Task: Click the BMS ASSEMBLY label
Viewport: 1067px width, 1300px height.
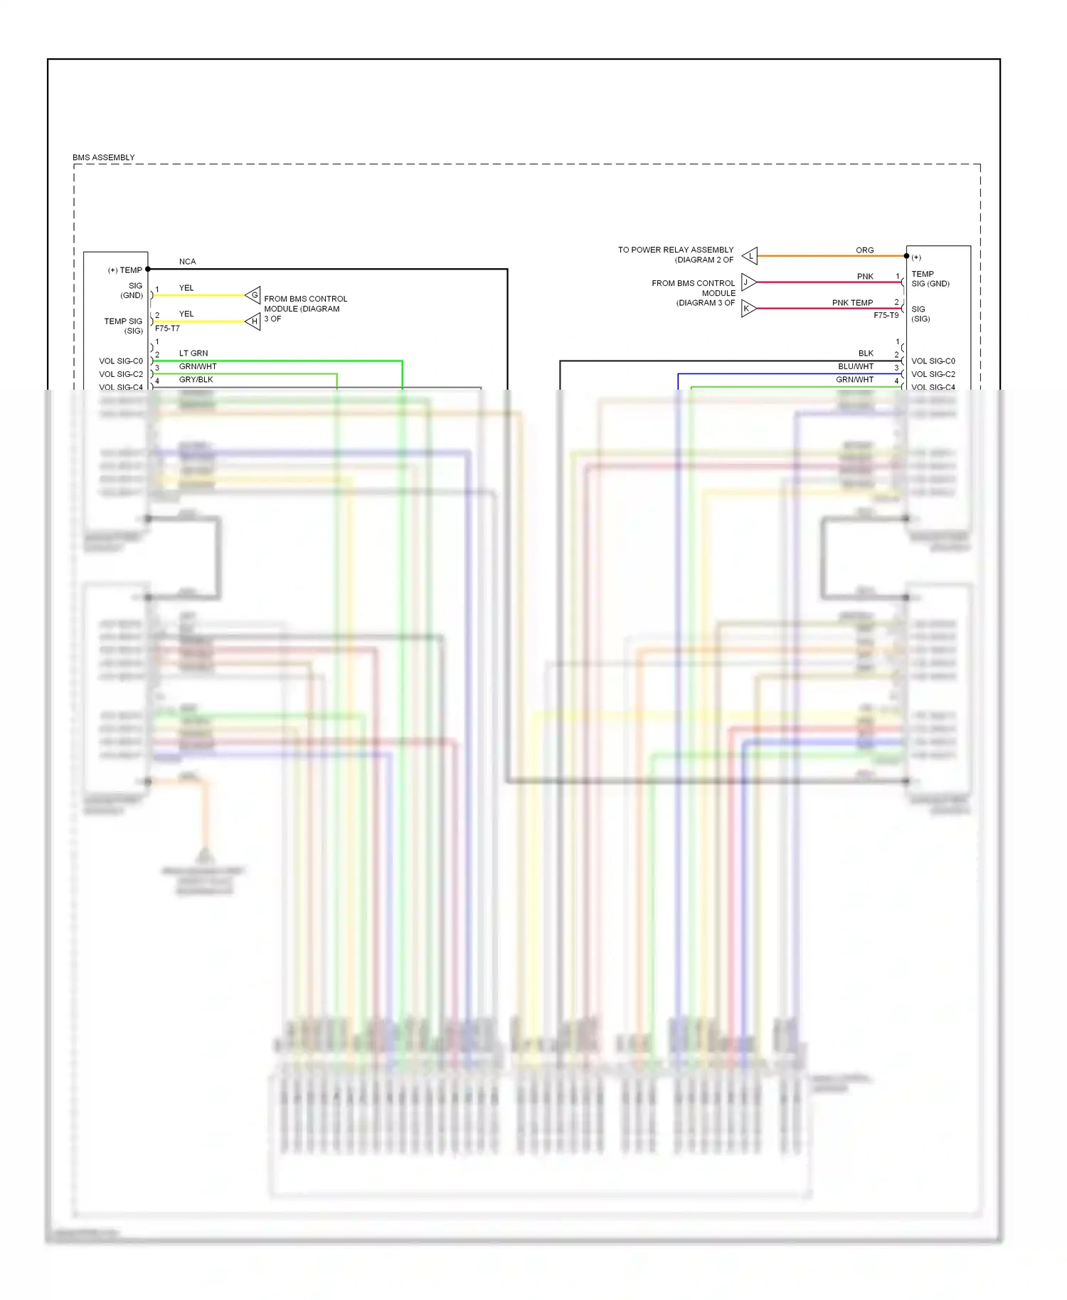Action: point(103,157)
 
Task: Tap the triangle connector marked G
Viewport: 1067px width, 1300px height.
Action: point(253,295)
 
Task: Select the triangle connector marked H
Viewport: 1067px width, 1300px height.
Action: point(253,321)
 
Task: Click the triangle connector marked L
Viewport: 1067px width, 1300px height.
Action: point(750,256)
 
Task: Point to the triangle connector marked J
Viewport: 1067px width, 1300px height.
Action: point(748,282)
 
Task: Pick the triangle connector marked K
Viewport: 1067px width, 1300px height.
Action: point(748,309)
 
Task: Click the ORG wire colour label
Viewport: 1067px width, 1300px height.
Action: point(864,250)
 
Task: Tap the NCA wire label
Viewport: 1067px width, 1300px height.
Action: point(187,262)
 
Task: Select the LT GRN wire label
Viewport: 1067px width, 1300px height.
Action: point(193,353)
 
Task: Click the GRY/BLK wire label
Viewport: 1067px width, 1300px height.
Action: point(196,380)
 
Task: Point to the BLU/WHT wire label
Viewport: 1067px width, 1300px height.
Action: point(856,367)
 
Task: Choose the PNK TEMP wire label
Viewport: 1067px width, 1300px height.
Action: point(852,303)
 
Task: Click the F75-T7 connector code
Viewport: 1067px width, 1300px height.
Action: point(167,329)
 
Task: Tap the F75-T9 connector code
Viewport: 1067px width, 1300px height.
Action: point(886,315)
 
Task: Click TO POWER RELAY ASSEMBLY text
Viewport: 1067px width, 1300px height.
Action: point(675,250)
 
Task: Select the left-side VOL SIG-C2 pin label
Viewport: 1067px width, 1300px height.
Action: point(121,374)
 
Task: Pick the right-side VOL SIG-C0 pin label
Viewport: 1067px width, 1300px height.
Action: point(933,361)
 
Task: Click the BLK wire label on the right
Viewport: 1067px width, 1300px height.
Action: point(866,353)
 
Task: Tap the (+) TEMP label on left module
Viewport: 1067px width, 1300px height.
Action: point(125,270)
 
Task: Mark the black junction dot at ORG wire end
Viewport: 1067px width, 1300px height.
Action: point(906,256)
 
